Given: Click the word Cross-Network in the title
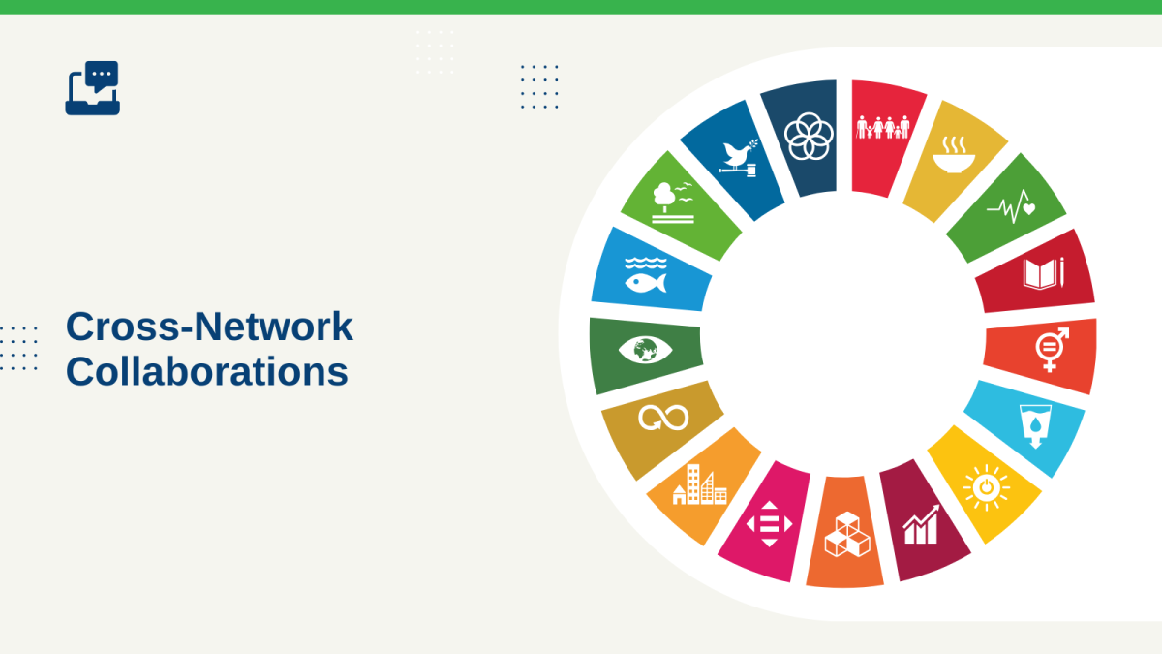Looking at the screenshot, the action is (x=209, y=327).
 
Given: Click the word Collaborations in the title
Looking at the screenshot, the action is (x=207, y=372).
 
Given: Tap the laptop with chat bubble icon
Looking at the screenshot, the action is (x=93, y=88).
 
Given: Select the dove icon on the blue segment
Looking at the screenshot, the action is (x=738, y=158).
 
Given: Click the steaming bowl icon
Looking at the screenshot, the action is (x=954, y=155).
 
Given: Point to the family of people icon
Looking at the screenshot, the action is (x=883, y=127).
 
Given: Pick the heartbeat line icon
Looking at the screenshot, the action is (x=1011, y=206).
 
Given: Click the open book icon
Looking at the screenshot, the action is (x=1043, y=273).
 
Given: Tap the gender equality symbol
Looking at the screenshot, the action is (x=1052, y=350).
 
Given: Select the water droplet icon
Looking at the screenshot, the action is (x=1035, y=426).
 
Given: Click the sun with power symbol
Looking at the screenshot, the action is (x=986, y=488).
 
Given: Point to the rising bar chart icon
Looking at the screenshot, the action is (x=921, y=525).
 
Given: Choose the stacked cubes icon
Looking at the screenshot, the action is (x=847, y=535).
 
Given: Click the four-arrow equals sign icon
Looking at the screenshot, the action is (x=769, y=524).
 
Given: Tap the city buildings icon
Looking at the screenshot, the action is (x=700, y=484).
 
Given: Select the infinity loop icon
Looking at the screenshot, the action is (x=663, y=418).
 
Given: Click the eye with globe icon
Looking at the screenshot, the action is (x=645, y=350).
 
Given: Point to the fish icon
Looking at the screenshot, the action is (x=646, y=275).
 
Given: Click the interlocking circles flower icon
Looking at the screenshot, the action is (x=809, y=137).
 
